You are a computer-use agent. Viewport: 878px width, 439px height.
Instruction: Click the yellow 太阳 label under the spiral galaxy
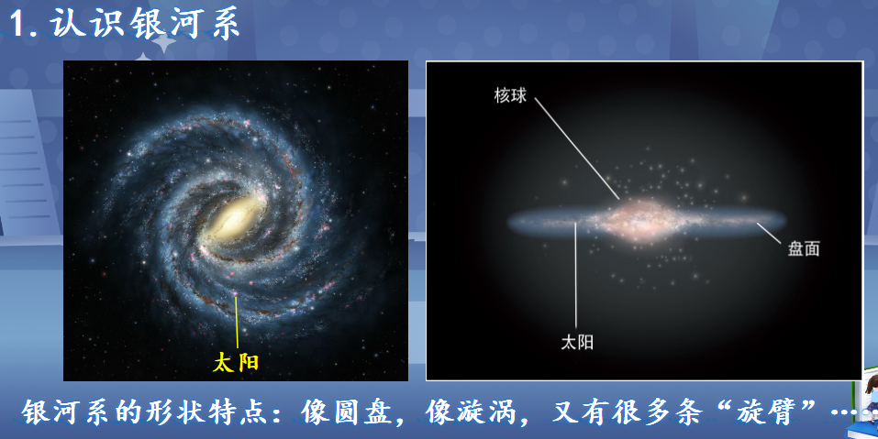tap(236, 362)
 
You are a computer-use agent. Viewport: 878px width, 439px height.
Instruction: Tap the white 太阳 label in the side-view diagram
tap(577, 342)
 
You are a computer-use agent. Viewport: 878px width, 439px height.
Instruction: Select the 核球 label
tap(510, 95)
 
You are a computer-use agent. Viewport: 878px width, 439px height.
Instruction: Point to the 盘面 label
tap(804, 248)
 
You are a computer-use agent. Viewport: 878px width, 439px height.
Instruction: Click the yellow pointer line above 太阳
tap(237, 322)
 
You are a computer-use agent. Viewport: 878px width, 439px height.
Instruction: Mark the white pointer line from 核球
tap(577, 148)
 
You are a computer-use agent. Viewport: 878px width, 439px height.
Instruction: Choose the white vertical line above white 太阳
tap(575, 275)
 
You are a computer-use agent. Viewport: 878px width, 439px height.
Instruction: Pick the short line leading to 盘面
tap(769, 233)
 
